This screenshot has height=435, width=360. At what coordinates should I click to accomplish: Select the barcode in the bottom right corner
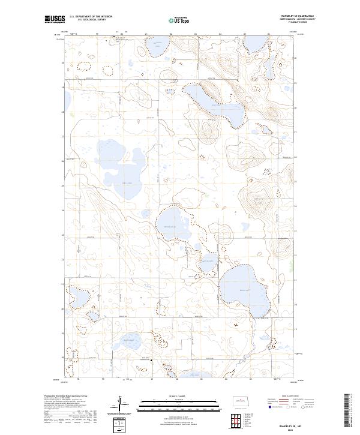(x=349, y=409)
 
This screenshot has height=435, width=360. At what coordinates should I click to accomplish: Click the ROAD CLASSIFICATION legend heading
(x=290, y=396)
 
